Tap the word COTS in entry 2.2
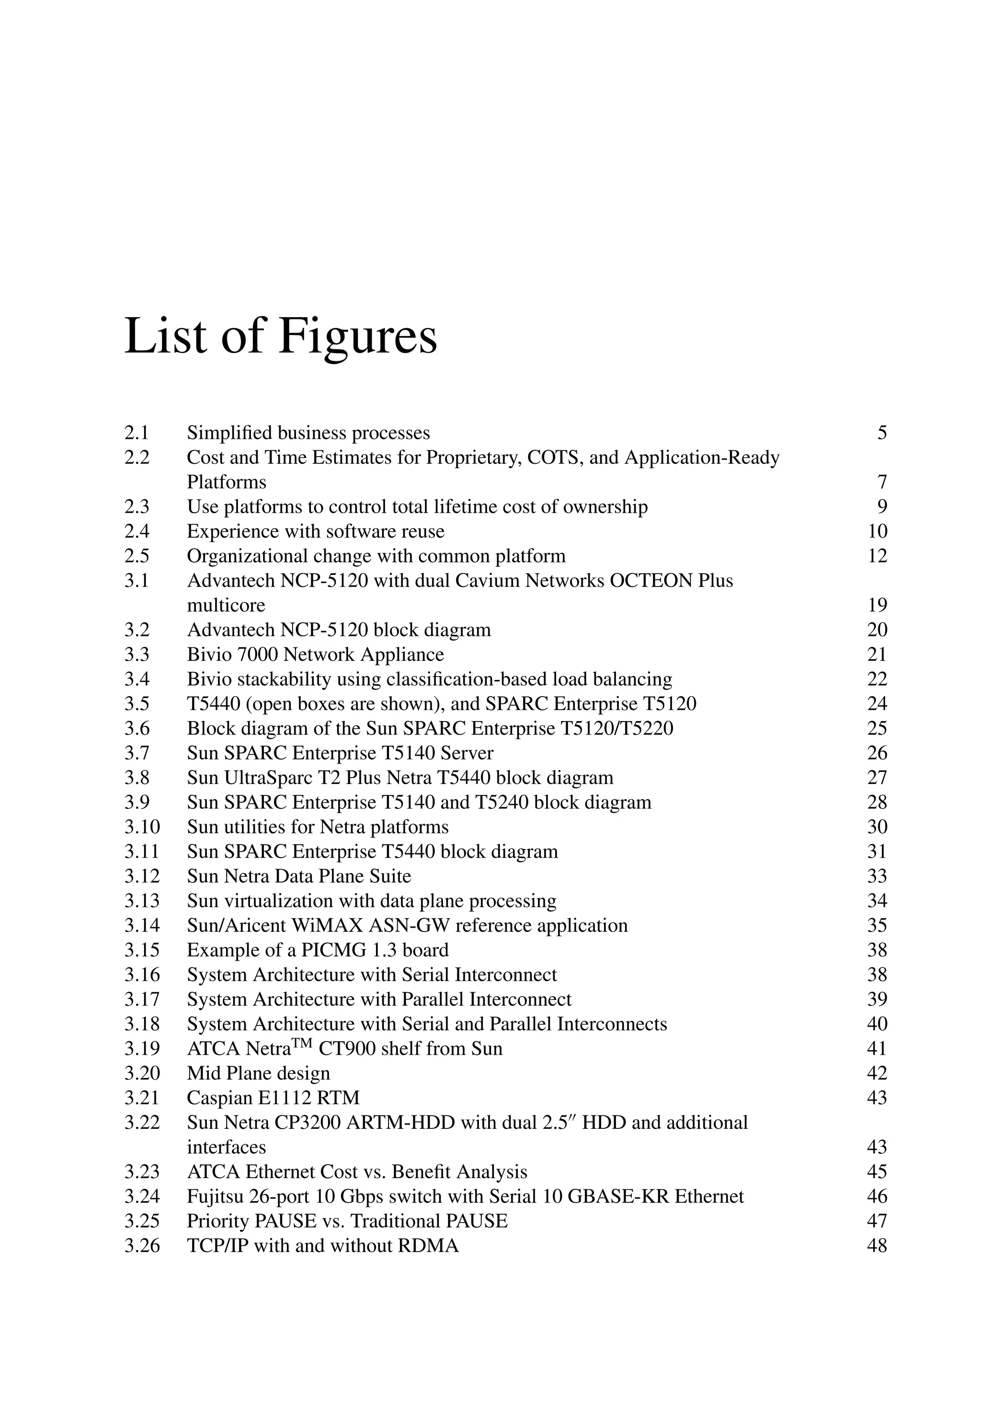click(556, 458)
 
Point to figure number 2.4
click(137, 531)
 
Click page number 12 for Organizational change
click(877, 556)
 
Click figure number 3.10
click(142, 827)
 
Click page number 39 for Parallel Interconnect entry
click(877, 999)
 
